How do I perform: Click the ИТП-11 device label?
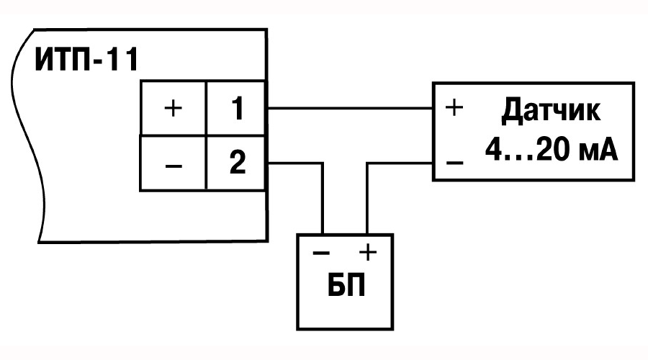pos(86,60)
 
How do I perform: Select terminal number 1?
pos(237,108)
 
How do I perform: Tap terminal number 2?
pos(237,162)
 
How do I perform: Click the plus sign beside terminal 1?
pos(173,109)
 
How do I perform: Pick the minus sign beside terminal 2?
pos(173,166)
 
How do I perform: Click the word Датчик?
pos(551,112)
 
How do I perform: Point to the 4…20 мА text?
pos(552,150)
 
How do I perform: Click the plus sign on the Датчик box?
pos(454,108)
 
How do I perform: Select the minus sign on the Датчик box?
pos(454,163)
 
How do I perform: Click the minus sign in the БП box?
pos(321,253)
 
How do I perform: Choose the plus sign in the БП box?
pos(368,252)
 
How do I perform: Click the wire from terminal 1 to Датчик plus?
pos(350,108)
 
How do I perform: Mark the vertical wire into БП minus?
pos(323,199)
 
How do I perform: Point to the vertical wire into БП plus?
pos(367,199)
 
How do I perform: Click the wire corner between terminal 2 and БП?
pos(323,164)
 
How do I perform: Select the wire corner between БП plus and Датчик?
pos(367,164)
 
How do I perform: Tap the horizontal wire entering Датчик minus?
pos(400,164)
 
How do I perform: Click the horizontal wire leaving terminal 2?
pos(295,164)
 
